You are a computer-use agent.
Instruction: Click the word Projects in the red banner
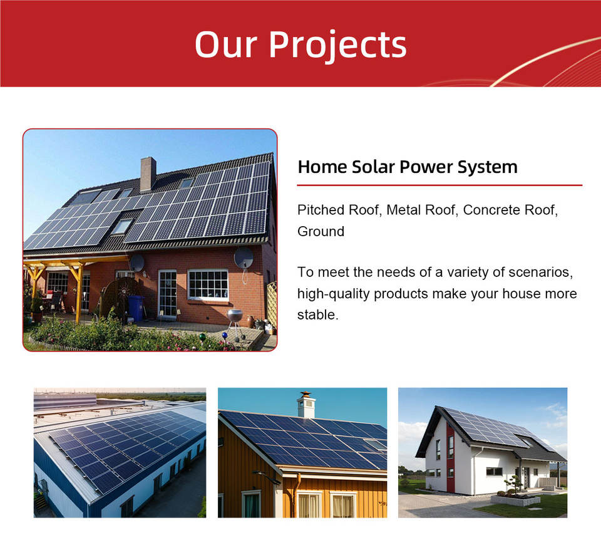pos(337,46)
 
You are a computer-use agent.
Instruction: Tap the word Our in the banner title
pos(226,44)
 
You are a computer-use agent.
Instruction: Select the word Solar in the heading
pos(373,167)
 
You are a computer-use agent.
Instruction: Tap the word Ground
pos(321,231)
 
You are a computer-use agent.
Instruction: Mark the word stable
pos(318,314)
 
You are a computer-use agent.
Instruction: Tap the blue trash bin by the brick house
pos(136,308)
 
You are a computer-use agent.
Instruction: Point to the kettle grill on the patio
pos(235,323)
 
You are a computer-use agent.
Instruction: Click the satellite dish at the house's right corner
pos(244,257)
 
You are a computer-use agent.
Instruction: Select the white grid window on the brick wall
pos(208,285)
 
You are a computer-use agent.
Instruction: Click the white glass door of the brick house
pos(168,294)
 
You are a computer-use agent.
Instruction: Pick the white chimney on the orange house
pos(306,405)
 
